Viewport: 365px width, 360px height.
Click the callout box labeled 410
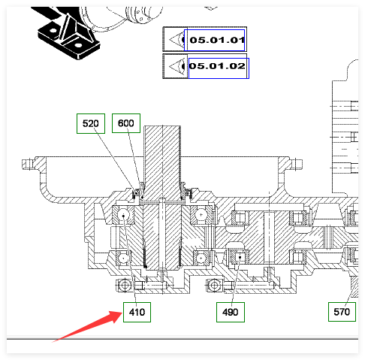tap(137, 312)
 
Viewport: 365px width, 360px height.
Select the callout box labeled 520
tap(91, 123)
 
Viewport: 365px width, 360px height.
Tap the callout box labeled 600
tap(126, 123)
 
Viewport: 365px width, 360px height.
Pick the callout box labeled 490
tap(231, 312)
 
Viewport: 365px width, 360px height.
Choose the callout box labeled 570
tap(342, 312)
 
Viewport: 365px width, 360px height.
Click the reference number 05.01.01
tap(217, 40)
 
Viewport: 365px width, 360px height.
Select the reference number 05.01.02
tap(217, 66)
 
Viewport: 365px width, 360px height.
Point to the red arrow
tap(87, 326)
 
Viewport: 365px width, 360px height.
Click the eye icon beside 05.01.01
tap(176, 40)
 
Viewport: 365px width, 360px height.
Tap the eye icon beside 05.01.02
tap(176, 66)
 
